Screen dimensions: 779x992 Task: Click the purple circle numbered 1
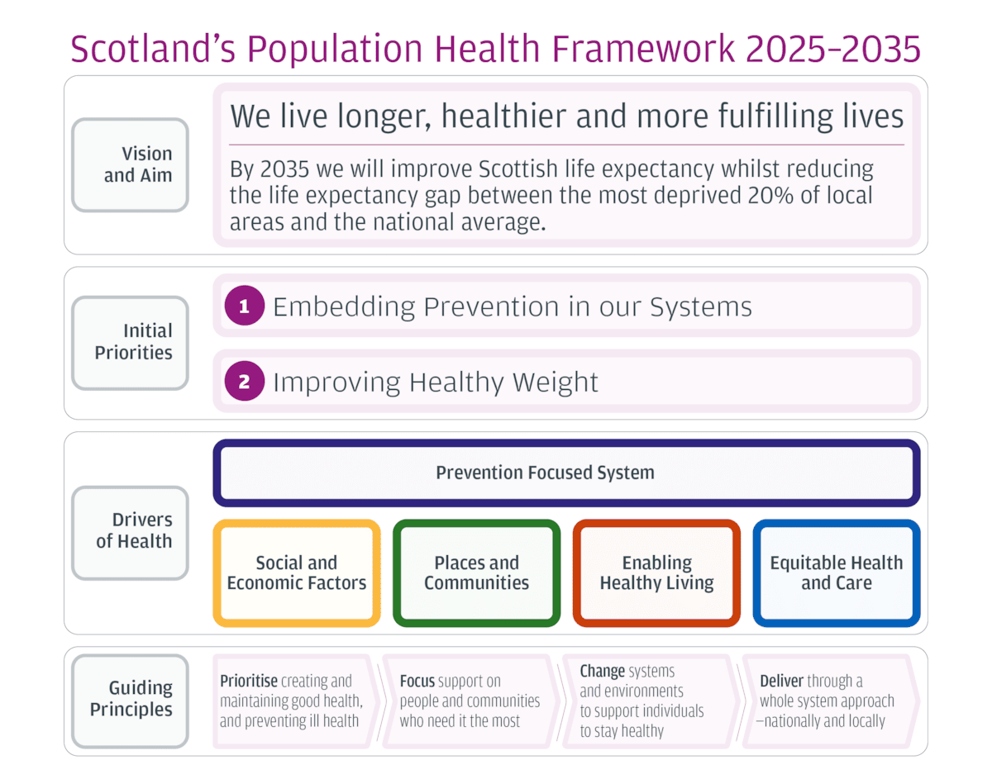[244, 306]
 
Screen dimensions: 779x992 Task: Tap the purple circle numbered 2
[244, 382]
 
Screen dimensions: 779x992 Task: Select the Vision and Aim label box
[131, 164]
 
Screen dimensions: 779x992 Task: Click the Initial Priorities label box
[131, 342]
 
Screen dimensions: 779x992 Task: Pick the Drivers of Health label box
[131, 531]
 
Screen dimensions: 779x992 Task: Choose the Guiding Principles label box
[131, 699]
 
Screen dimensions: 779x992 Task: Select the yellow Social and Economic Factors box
[297, 572]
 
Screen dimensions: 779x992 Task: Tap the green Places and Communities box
[476, 572]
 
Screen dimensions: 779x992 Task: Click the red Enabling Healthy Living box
[656, 572]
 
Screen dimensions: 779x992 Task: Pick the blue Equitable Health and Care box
[836, 572]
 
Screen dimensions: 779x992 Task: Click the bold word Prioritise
[248, 682]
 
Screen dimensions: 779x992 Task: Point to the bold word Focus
[417, 682]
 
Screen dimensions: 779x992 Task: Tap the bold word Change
[602, 672]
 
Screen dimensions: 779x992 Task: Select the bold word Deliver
[781, 682]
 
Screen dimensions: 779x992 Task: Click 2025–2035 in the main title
[832, 49]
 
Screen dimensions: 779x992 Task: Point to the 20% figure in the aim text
[774, 196]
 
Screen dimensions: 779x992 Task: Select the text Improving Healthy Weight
[435, 382]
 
